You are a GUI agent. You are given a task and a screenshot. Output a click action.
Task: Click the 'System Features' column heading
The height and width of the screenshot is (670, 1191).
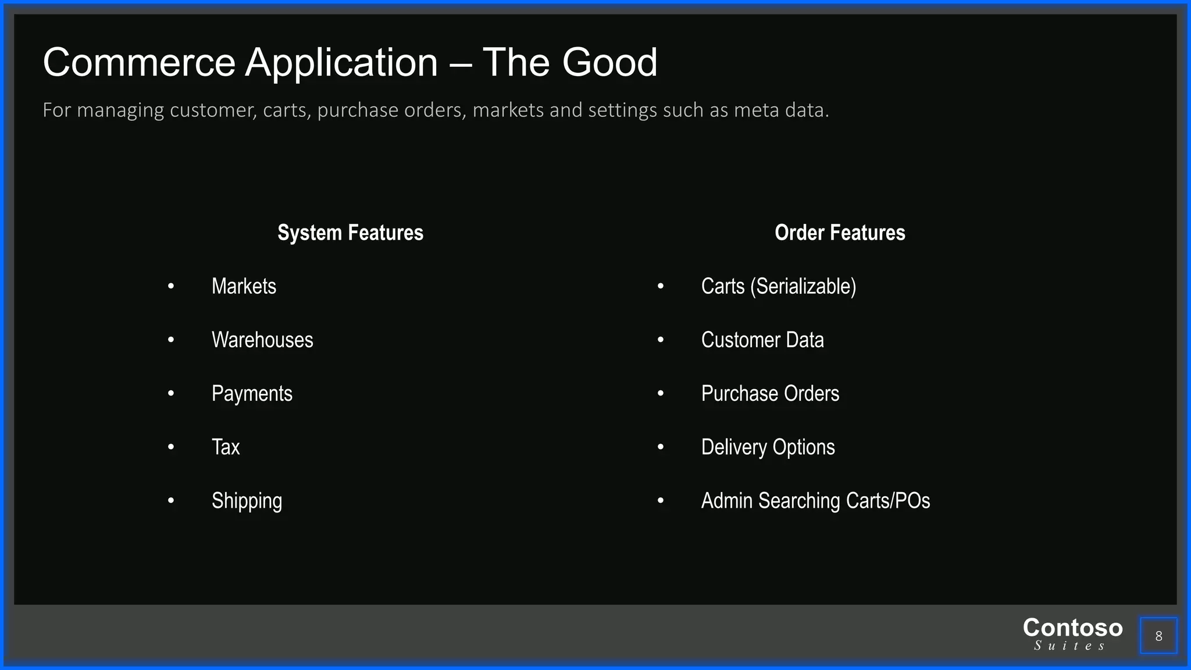[x=350, y=233]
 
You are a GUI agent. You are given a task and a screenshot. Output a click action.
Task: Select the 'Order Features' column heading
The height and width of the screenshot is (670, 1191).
[x=840, y=233]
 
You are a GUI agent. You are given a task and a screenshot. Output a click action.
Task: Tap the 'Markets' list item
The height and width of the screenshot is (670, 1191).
[x=244, y=286]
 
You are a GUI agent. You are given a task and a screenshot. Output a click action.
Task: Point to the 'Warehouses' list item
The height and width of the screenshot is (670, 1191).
[x=262, y=340]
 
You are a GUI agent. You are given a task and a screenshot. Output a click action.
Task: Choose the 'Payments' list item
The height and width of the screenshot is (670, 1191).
[x=252, y=394]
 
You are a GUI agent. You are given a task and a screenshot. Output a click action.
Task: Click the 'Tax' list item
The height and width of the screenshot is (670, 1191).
[x=226, y=447]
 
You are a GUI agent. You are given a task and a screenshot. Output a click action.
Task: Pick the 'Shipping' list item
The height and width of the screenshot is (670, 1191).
[x=247, y=501]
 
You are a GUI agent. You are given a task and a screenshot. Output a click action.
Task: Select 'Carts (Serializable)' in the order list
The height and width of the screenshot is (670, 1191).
[x=778, y=286]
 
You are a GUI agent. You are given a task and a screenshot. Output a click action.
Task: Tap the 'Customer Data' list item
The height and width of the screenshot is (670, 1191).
[x=762, y=340]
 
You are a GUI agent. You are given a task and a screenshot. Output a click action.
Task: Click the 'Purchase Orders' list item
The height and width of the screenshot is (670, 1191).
[x=770, y=394]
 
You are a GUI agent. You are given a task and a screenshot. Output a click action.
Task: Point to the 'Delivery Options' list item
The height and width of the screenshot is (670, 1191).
[x=768, y=447]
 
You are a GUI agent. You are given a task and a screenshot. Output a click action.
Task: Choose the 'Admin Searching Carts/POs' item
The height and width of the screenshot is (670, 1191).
[x=815, y=501]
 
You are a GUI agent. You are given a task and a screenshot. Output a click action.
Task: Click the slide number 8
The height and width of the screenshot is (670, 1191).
[x=1158, y=636]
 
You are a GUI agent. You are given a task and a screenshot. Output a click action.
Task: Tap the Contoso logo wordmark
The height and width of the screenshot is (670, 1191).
[x=1072, y=628]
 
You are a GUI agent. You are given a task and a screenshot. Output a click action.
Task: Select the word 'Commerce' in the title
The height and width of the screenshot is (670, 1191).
[x=139, y=62]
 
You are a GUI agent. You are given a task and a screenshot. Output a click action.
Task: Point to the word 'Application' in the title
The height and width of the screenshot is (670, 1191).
[x=341, y=62]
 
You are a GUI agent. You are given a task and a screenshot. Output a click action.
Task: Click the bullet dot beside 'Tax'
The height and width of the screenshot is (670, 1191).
[x=171, y=447]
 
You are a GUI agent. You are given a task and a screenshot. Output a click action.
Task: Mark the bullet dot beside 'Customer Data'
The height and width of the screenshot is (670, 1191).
[x=661, y=340]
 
